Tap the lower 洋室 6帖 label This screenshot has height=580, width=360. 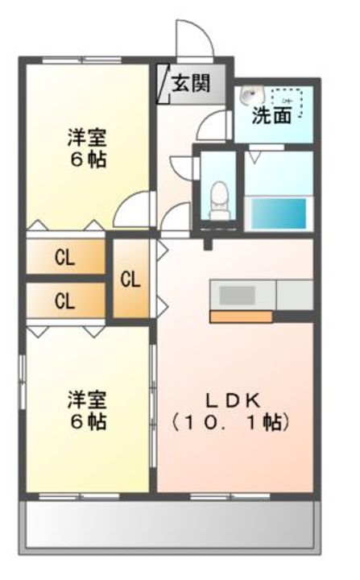[86, 410]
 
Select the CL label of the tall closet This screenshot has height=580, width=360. [130, 280]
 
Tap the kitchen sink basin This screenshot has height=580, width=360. [237, 295]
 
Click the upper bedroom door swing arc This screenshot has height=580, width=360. [130, 211]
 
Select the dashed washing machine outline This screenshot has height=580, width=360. [288, 101]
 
